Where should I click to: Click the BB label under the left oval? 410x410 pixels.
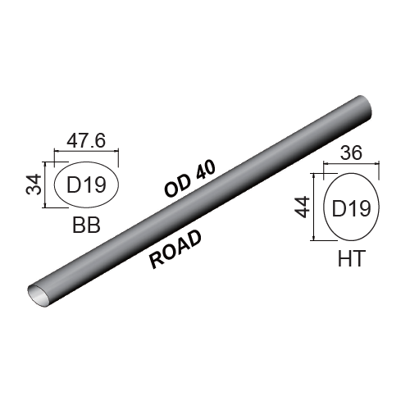[x=86, y=225]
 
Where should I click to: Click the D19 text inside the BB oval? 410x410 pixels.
[x=86, y=184]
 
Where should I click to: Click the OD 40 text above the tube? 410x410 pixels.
[x=189, y=178]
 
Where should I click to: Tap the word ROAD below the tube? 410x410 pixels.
[x=175, y=248]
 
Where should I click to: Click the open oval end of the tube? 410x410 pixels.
[x=38, y=292]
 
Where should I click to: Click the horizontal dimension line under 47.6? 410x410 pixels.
[x=86, y=151]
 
